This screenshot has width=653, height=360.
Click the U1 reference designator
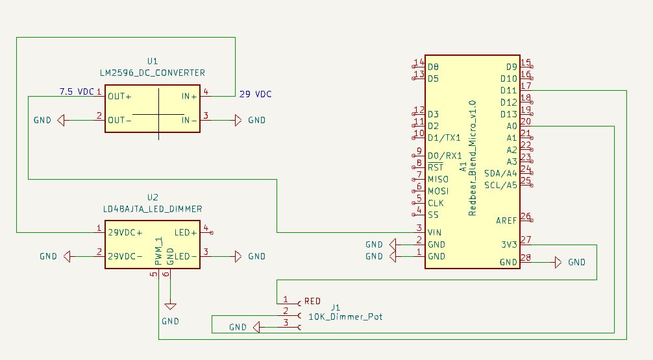153,61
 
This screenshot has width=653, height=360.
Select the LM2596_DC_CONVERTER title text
153,72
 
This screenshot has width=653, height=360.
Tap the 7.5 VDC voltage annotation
77,91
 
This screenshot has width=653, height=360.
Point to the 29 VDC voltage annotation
256,94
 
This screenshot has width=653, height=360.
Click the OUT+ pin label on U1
119,96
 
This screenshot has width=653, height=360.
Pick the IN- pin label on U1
189,120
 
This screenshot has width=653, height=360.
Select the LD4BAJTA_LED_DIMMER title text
153,209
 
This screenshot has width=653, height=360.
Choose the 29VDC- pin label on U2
125,256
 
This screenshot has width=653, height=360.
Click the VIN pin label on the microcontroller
434,232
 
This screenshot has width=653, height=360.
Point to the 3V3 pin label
509,245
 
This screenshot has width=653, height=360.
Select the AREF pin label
506,221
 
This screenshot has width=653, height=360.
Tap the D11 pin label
508,90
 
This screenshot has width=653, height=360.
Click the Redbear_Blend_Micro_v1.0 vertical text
472,158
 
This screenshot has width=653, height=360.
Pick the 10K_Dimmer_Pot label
345,317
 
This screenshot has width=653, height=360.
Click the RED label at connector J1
312,302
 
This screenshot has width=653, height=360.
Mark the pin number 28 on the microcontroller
525,258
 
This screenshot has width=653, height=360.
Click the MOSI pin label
437,191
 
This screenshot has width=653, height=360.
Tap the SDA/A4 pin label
500,173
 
